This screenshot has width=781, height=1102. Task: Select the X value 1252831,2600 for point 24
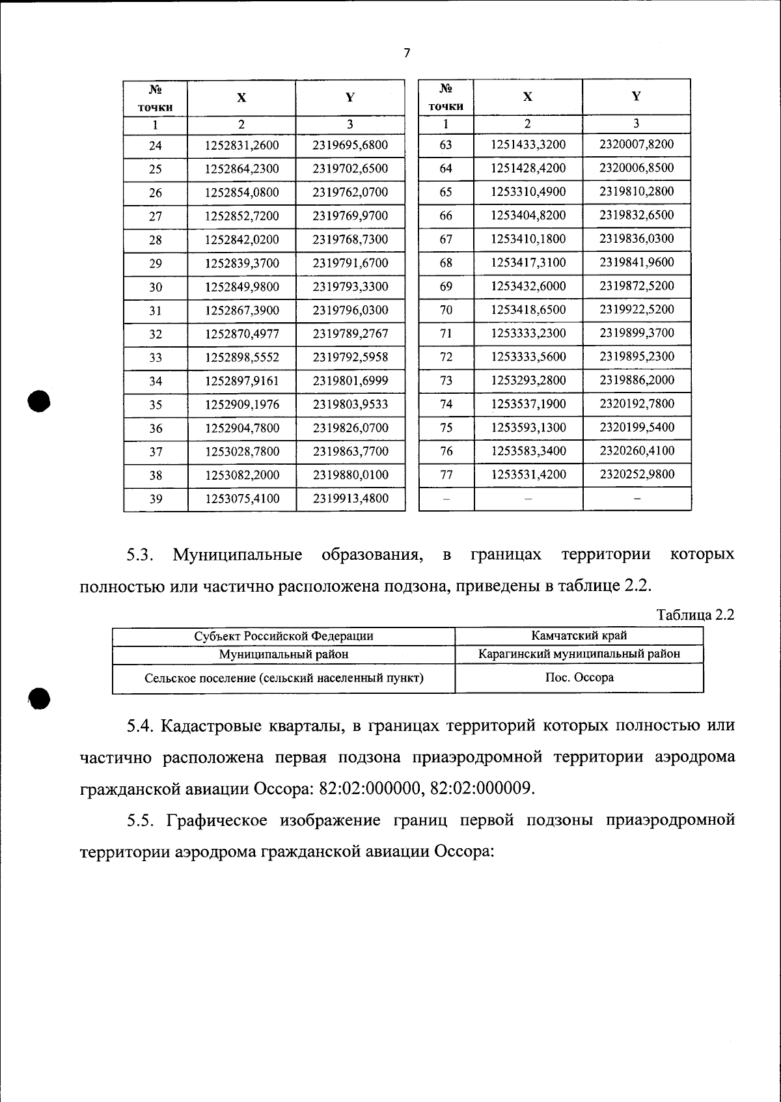click(241, 146)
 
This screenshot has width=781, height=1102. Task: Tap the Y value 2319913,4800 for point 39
click(350, 499)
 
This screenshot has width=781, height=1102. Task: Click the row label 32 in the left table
click(155, 335)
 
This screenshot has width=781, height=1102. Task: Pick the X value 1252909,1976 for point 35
click(241, 405)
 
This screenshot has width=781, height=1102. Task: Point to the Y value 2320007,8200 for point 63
click(636, 145)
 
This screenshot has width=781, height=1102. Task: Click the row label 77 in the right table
click(445, 475)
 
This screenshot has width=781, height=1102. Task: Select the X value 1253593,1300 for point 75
click(528, 428)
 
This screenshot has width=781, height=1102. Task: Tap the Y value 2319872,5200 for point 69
click(636, 286)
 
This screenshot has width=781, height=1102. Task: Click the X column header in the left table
click(241, 98)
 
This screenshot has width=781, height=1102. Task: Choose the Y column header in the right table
click(636, 96)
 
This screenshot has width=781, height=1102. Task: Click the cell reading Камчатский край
click(579, 636)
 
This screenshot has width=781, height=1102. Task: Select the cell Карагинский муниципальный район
click(579, 654)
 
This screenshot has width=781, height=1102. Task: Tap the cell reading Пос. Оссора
click(579, 678)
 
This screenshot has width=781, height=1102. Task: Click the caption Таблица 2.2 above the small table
click(695, 615)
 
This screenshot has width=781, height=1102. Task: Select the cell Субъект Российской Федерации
click(284, 637)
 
